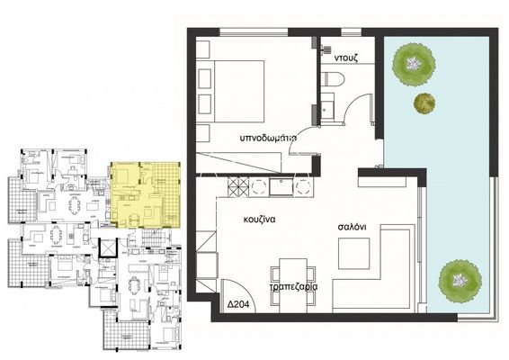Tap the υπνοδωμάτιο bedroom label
tap(269, 139)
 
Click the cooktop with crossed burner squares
tap(238, 188)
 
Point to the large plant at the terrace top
tap(414, 62)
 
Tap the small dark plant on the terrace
tap(422, 103)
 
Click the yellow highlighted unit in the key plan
tap(142, 193)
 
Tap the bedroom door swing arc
tap(301, 144)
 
